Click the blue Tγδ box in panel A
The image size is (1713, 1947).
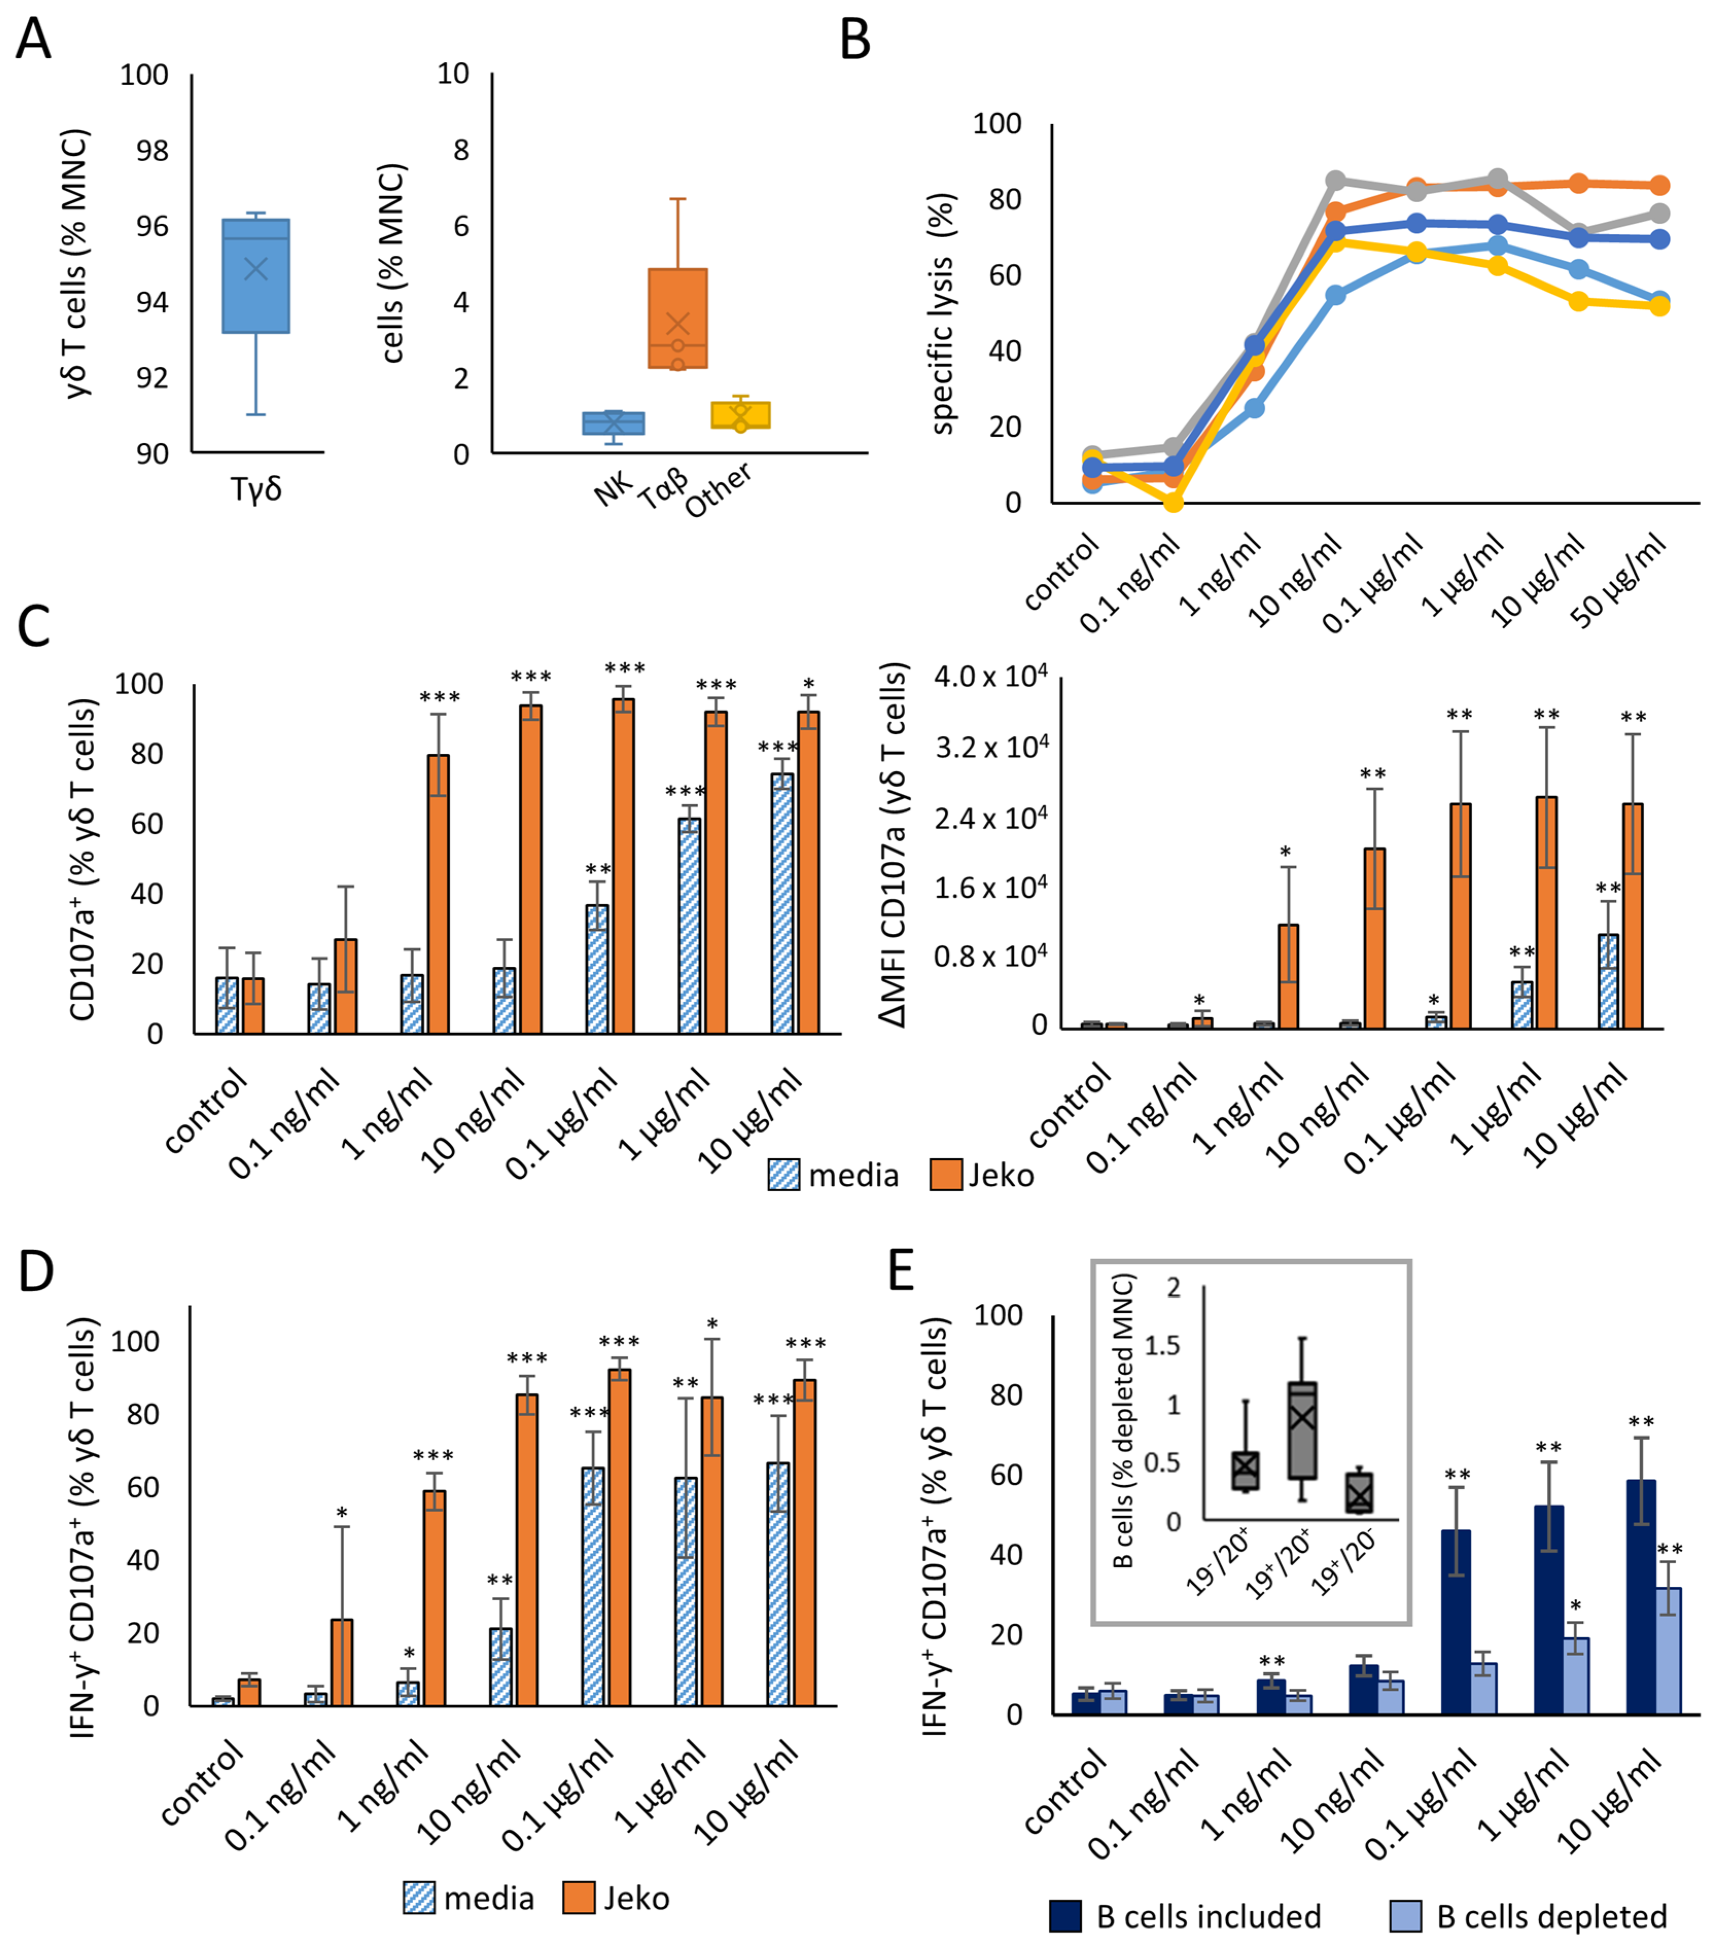point(255,276)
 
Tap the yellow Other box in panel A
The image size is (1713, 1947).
point(740,414)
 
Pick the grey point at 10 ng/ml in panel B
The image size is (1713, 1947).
point(1336,180)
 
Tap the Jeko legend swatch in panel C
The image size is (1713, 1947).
point(945,1175)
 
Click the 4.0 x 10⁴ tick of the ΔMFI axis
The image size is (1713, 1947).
point(991,677)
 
